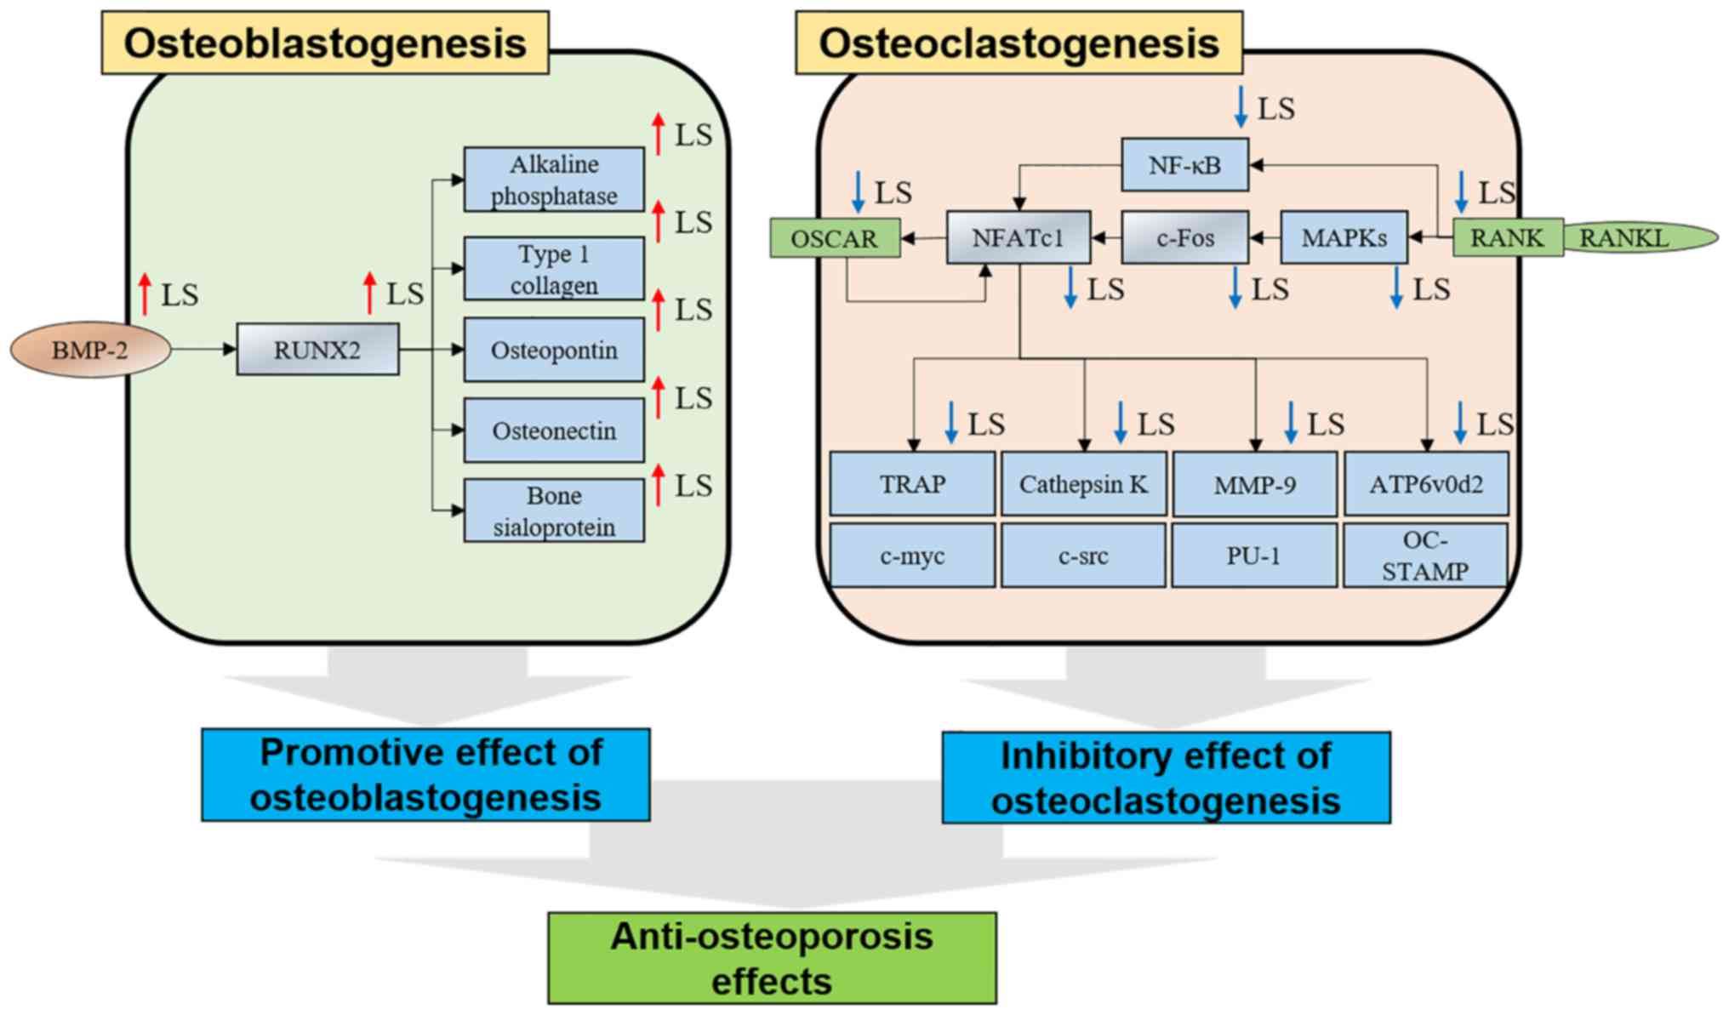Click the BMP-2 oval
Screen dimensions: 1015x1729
(x=90, y=350)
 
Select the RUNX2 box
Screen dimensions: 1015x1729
(x=317, y=350)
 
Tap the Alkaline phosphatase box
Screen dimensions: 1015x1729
(x=554, y=180)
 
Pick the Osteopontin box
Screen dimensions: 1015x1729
(x=554, y=350)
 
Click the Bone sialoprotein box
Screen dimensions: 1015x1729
(x=554, y=510)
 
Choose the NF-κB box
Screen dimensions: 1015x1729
(x=1184, y=165)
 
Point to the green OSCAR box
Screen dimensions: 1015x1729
(x=835, y=238)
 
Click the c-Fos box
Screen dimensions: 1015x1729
(x=1184, y=238)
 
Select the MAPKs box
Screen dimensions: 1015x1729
(x=1344, y=238)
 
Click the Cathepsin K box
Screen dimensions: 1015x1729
(x=1083, y=484)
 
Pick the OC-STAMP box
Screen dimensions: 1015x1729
(x=1425, y=556)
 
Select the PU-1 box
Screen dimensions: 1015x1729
(x=1253, y=556)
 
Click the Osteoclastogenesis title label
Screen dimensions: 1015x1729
(x=1019, y=43)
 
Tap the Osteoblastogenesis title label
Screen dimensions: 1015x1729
(x=325, y=43)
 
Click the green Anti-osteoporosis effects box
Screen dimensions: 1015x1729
(x=772, y=958)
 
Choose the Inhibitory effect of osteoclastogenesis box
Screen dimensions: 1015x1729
(x=1166, y=778)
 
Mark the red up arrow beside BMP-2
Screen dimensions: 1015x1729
(x=145, y=294)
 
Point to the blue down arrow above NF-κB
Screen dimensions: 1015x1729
(x=1241, y=107)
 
